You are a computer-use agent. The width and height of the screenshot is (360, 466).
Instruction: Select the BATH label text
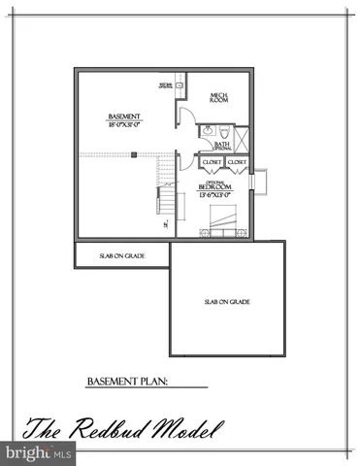click(x=222, y=145)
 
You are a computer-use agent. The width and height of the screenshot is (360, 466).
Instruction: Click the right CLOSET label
click(x=238, y=162)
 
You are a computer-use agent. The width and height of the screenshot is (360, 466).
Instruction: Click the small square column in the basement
click(x=137, y=152)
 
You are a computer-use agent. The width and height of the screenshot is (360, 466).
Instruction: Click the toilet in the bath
click(x=222, y=129)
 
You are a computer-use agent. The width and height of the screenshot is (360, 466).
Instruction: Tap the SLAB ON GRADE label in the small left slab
click(x=119, y=256)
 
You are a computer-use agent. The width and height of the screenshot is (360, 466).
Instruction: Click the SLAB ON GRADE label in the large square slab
click(x=227, y=302)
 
